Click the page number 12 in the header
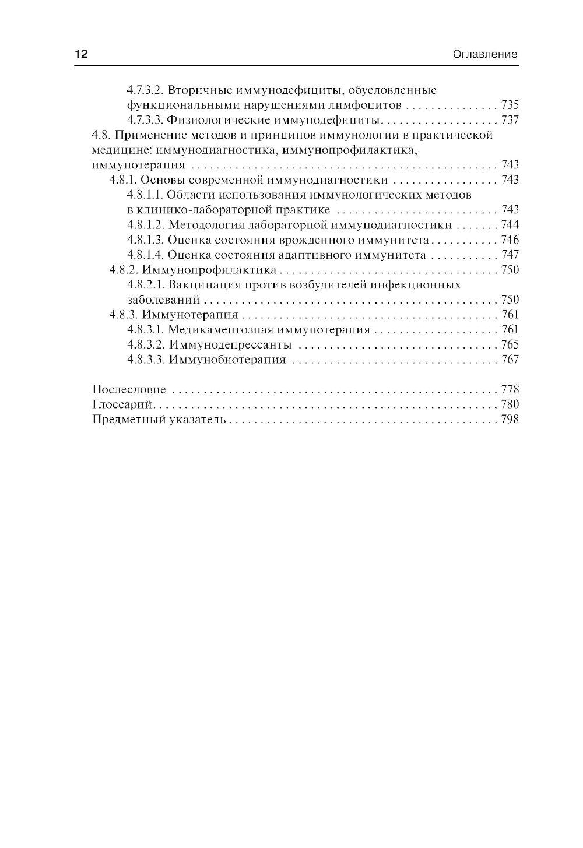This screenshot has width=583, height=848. tap(80, 54)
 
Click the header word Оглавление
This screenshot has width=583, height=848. tap(485, 55)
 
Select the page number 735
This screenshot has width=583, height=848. tap(510, 105)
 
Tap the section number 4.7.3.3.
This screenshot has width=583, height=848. tap(146, 120)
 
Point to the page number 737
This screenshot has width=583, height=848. tap(510, 120)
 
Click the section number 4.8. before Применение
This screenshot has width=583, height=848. tap(101, 135)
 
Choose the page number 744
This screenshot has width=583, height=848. tap(510, 225)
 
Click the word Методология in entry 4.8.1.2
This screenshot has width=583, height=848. tap(204, 225)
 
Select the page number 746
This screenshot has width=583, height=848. tap(510, 240)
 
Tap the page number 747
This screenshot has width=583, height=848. tap(510, 255)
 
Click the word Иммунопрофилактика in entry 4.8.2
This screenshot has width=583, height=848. tap(209, 270)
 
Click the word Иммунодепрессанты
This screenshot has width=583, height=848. tap(230, 345)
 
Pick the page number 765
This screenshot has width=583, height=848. tap(510, 345)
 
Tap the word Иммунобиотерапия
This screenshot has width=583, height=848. tap(227, 360)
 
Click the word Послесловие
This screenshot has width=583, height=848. tap(129, 390)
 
